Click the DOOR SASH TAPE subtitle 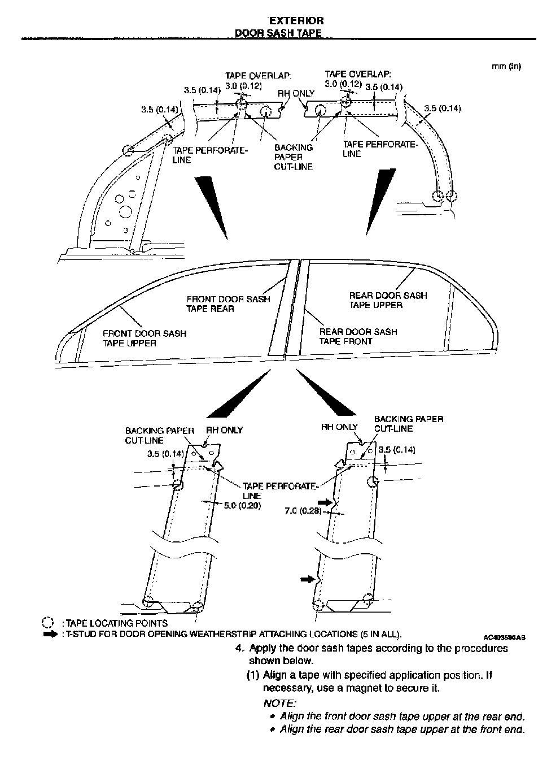278,33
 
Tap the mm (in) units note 506,66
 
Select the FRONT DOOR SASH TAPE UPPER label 144,338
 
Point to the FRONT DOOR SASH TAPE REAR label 228,304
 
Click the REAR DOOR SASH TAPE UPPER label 388,300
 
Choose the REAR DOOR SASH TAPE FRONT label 358,336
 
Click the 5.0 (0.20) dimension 242,505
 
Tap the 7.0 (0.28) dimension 303,511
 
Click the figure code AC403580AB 505,636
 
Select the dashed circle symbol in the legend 47,623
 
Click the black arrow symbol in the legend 50,634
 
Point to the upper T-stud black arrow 325,501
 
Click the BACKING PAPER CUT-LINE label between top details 293,157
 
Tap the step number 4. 239,648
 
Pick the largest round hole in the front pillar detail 125,211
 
